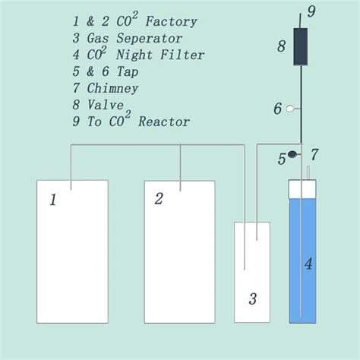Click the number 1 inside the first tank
[x=53, y=201]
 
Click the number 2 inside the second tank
[x=159, y=199]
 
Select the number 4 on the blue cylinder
[x=308, y=264]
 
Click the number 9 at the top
[x=310, y=11]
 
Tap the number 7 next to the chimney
[x=314, y=155]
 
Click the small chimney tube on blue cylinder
[x=308, y=174]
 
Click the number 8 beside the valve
[x=281, y=46]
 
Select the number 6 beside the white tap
[x=277, y=109]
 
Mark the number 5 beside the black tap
[x=281, y=159]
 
